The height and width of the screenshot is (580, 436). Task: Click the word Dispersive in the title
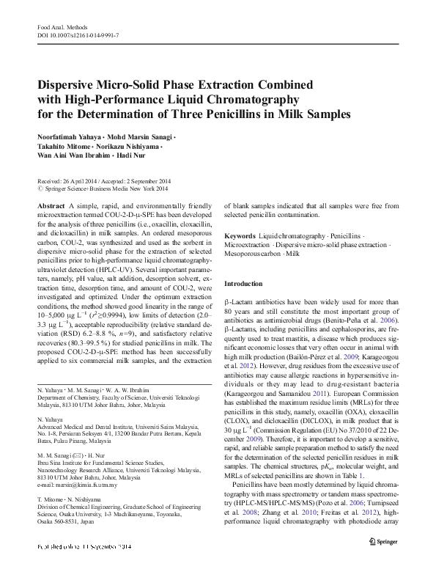70,84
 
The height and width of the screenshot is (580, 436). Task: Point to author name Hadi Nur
130,155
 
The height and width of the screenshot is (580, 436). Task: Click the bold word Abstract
49,207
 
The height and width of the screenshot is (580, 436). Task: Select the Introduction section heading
243,283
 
